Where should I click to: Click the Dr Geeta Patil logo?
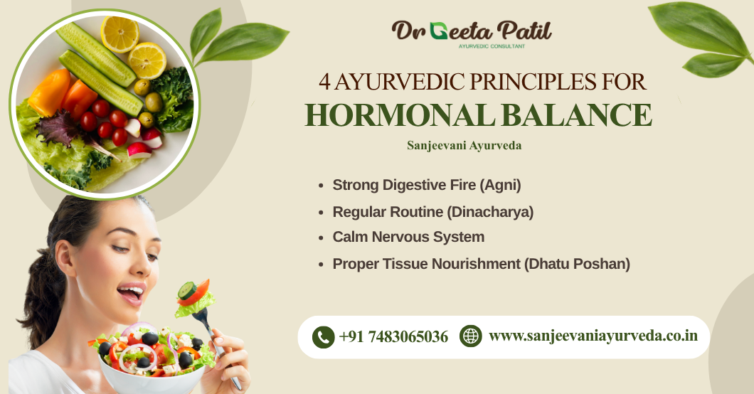point(472,31)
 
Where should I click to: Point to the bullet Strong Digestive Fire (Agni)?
point(427,185)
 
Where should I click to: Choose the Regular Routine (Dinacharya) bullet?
point(432,211)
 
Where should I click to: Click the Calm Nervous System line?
point(408,237)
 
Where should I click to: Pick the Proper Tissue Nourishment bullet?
point(481,263)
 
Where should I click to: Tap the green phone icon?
point(324,336)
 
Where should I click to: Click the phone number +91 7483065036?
point(393,336)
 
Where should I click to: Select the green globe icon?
point(471,336)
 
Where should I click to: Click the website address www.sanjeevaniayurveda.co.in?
point(593,336)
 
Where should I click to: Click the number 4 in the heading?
point(324,82)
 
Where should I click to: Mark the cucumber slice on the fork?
point(187,289)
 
